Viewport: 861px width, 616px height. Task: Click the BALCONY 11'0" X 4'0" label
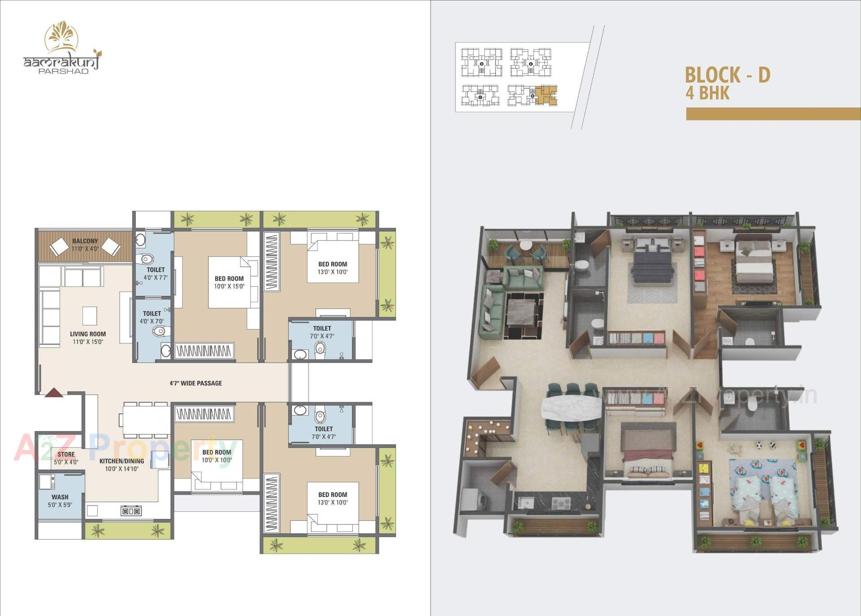(x=85, y=245)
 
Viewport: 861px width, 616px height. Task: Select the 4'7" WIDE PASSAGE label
(x=196, y=383)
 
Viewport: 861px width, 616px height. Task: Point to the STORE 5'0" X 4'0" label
(x=66, y=458)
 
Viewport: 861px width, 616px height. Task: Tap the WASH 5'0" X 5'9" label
(x=60, y=501)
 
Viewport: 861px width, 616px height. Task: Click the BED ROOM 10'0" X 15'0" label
(x=229, y=282)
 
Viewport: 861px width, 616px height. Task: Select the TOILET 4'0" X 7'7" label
(x=156, y=273)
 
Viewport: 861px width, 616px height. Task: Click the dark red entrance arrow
(x=54, y=392)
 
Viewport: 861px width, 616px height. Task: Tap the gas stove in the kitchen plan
(x=131, y=510)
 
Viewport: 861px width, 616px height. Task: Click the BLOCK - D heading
(x=727, y=75)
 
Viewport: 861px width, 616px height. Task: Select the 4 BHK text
(x=707, y=93)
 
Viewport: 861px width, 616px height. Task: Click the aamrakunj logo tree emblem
(x=61, y=36)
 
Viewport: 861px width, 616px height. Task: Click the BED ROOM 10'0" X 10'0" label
(x=217, y=456)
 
